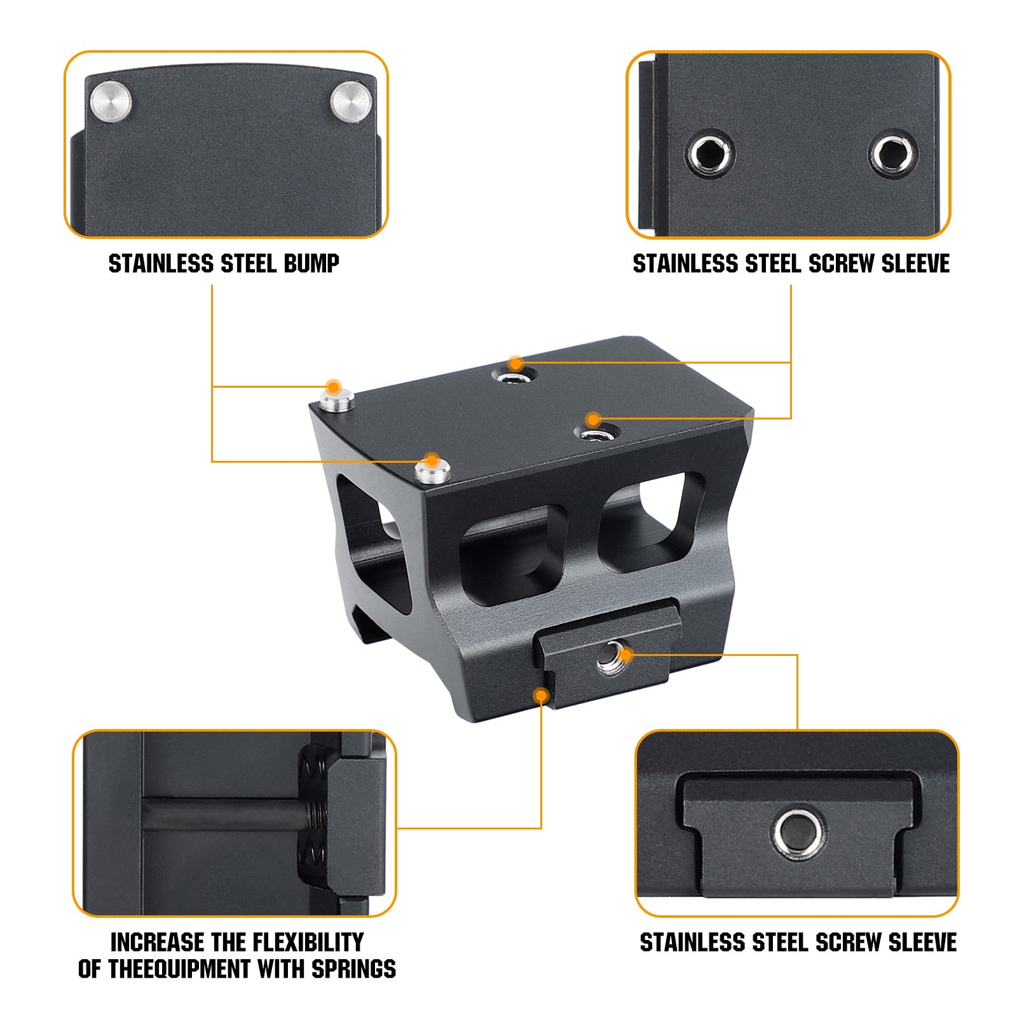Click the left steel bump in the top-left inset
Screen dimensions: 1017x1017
111,101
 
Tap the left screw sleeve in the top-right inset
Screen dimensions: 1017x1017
710,154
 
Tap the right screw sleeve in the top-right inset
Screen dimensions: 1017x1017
892,153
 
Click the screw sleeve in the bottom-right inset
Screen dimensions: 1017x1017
799,833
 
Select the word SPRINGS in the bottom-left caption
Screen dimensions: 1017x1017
353,969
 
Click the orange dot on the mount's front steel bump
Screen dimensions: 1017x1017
432,460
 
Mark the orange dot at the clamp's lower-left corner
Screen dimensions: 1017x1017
542,695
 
